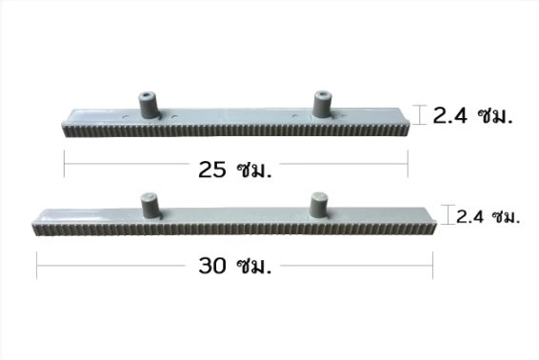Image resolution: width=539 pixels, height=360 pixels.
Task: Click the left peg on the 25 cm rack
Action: coord(148,105)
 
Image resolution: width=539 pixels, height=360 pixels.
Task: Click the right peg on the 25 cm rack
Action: coord(323,104)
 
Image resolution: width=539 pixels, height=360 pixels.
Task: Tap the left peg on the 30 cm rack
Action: coord(150,206)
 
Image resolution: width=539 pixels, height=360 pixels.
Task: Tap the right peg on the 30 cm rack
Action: coord(319,205)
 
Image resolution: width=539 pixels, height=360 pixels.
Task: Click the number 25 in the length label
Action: coord(212,170)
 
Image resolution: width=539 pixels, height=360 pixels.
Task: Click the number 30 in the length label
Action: coord(212,266)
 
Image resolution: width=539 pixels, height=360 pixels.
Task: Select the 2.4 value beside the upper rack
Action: coord(450,115)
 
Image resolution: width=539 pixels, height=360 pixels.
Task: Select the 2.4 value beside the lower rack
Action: coord(469,217)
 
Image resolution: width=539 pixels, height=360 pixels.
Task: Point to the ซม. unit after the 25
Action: coord(254,170)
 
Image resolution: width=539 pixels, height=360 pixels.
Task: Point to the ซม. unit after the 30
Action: coord(254,266)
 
